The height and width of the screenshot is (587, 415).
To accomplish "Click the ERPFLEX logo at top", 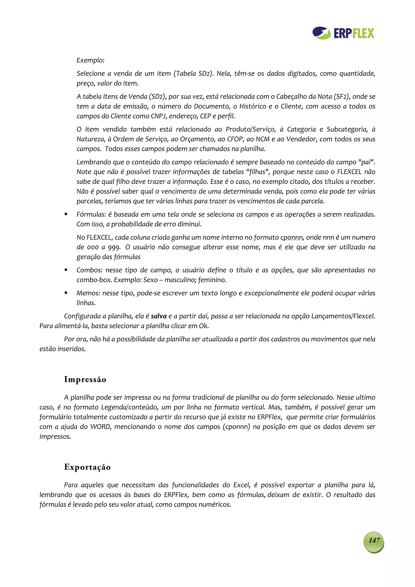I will coord(343,33).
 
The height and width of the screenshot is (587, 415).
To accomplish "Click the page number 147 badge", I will coord(374,540).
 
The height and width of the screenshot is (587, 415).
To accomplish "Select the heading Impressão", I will coord(85,379).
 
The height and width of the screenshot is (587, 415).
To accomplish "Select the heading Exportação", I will coord(88,467).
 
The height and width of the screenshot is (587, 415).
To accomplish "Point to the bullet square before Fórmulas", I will coord(66,214).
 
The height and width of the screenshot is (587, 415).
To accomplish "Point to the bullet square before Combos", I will coord(66,270).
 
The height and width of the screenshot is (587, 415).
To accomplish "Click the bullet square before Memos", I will coord(66,293).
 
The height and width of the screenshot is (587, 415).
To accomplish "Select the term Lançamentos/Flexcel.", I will coord(343,316).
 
